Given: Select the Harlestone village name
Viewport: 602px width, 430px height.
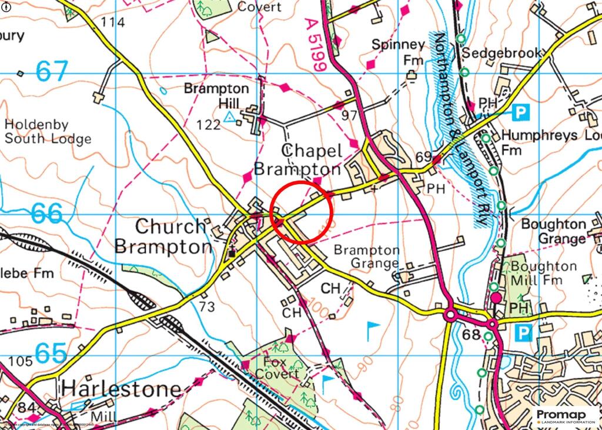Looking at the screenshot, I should [121, 389].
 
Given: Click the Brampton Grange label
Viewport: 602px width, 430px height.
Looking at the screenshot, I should [367, 257].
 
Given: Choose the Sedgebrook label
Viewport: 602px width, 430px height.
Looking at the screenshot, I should [501, 53].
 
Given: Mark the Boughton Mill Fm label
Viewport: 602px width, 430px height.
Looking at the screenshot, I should [544, 274].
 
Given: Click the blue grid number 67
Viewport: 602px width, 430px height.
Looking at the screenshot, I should [52, 72].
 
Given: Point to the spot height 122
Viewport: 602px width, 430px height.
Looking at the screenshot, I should [209, 125].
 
